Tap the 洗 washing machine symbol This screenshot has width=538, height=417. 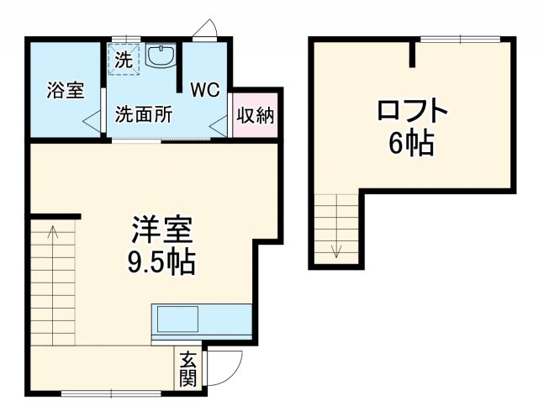coord(123,60)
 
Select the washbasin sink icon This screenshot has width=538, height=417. coord(161,56)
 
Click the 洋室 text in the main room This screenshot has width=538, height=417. coord(162,230)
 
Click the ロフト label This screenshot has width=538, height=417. coord(411,113)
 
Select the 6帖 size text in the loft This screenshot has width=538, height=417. coord(411,145)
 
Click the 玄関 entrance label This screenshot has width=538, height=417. coord(187,370)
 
